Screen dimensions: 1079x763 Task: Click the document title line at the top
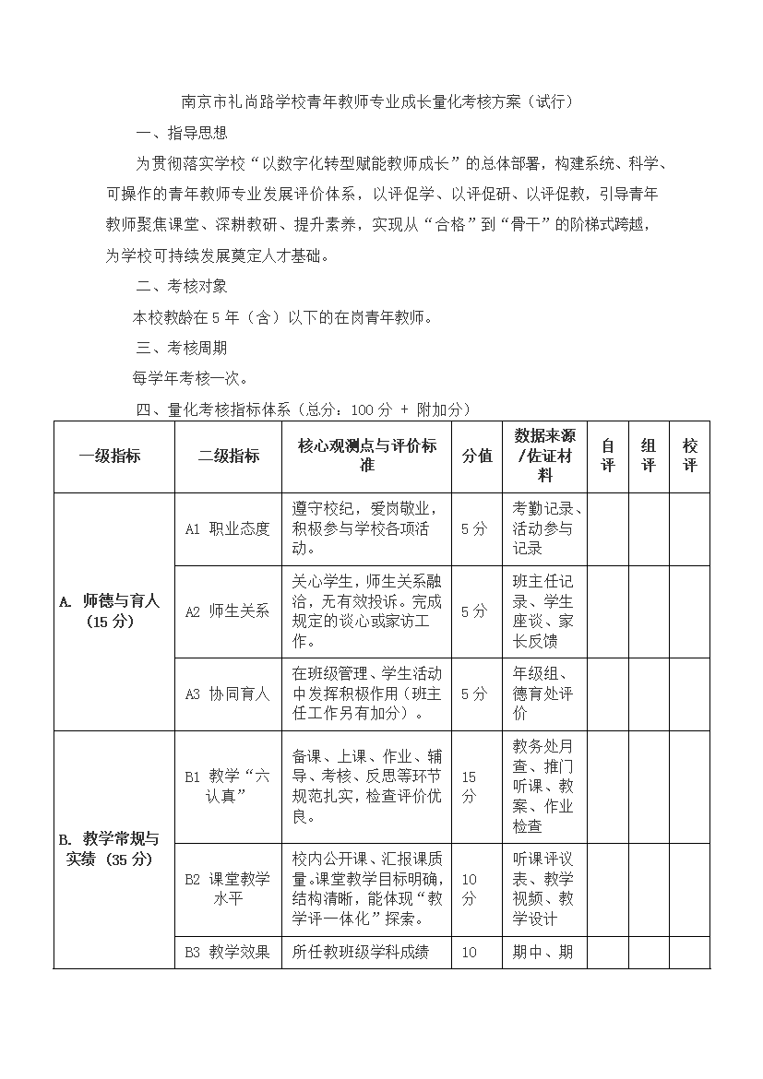377,101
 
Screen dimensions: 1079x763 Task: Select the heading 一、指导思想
181,133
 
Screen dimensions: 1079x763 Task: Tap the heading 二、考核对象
181,286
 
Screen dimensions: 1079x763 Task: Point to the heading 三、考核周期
181,348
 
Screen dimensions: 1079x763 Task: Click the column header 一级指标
113,456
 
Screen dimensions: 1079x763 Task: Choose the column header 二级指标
228,456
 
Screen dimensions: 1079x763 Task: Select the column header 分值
477,456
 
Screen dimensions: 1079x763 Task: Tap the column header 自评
607,456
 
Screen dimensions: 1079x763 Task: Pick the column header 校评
689,456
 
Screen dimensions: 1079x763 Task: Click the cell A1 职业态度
228,528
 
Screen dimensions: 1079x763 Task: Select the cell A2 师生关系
228,611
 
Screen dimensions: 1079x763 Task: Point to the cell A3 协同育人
228,694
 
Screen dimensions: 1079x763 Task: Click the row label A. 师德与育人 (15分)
113,611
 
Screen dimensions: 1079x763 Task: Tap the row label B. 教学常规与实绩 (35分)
113,848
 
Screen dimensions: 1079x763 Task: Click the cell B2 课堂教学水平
228,888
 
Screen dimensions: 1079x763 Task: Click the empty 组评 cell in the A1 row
649,528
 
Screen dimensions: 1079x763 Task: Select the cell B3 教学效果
228,952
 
